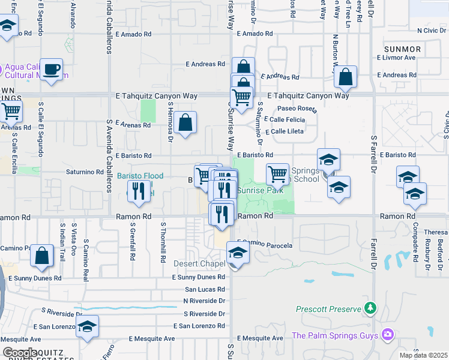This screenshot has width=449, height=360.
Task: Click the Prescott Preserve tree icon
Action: (x=371, y=308)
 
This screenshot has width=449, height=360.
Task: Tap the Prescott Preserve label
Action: (x=329, y=310)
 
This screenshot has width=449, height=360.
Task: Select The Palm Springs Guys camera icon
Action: (x=388, y=334)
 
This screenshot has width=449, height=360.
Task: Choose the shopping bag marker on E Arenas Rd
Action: (x=186, y=123)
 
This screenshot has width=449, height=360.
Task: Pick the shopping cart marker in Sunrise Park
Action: (x=277, y=175)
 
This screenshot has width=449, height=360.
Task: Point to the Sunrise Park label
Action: (x=259, y=190)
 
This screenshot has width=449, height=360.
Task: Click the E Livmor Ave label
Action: (x=396, y=58)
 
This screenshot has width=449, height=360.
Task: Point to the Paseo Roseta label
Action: (x=297, y=109)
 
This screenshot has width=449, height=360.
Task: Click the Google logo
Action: (x=20, y=352)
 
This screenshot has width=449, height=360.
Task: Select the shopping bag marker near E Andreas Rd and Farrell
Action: (x=346, y=77)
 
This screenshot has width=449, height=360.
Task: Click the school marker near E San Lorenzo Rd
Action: (x=88, y=326)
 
